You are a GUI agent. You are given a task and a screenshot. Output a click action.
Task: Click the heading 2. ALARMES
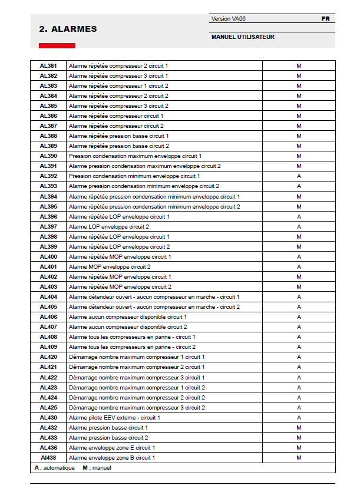click(x=68, y=29)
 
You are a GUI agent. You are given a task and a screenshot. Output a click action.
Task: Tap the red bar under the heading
click(x=57, y=45)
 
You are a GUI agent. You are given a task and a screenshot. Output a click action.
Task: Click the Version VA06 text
click(x=228, y=19)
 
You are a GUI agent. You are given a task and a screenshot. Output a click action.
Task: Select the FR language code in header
click(x=325, y=19)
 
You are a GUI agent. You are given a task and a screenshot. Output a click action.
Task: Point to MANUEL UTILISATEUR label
click(x=243, y=37)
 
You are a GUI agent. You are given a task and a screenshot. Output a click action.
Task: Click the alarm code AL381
click(x=48, y=65)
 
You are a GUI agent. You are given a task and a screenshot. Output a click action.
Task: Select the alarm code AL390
click(x=48, y=156)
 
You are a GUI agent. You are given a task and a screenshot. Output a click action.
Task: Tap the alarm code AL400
click(x=48, y=257)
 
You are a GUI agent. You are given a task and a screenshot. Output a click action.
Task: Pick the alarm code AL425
click(x=48, y=408)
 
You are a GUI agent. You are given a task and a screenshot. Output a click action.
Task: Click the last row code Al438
click(x=48, y=458)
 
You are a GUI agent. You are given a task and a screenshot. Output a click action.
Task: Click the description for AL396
click(x=119, y=217)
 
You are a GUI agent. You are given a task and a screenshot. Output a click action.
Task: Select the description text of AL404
click(x=154, y=297)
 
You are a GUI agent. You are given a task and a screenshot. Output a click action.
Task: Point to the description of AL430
click(x=114, y=418)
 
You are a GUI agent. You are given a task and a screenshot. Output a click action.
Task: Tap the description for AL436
click(x=112, y=448)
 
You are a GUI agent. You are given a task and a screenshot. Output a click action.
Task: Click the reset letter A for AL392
click(x=299, y=176)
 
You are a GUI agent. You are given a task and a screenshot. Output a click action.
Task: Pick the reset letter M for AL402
click(x=299, y=277)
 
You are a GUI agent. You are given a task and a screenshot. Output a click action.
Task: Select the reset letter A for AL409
click(x=299, y=347)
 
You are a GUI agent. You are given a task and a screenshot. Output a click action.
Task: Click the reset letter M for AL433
click(x=299, y=438)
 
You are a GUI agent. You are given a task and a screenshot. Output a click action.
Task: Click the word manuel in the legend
click(x=103, y=468)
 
